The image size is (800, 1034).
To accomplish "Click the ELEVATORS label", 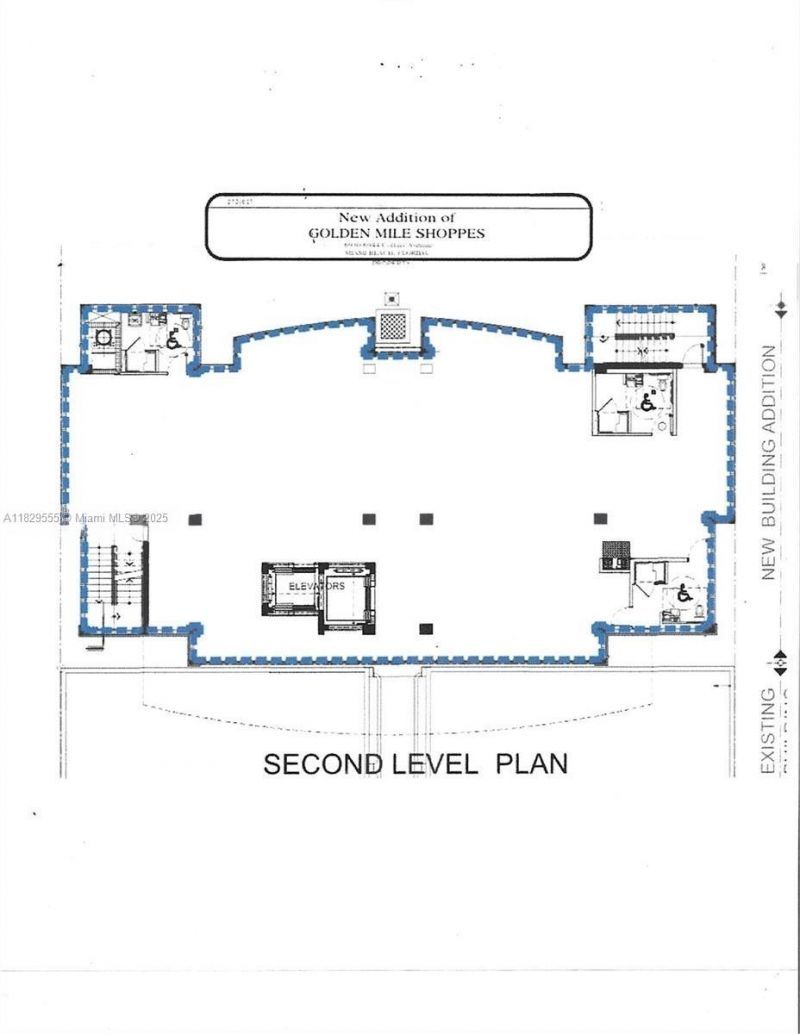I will pos(318,586).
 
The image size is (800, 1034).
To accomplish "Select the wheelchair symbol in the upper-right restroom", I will pos(648,403).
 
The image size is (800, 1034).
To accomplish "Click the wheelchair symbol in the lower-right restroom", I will pos(684,595).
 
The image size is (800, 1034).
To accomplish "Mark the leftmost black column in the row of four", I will pos(195,518).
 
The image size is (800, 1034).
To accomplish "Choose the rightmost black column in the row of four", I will pos(600,518).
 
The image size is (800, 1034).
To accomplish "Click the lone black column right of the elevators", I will pos(426,629).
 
